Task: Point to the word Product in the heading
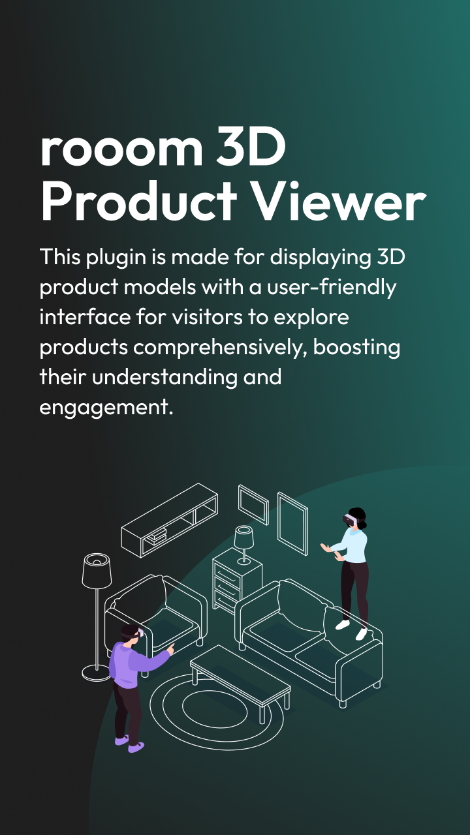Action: (138, 202)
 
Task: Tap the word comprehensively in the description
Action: (220, 347)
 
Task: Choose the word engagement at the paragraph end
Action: (106, 408)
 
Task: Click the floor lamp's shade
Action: (97, 569)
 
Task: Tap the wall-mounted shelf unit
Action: (169, 519)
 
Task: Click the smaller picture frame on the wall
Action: (253, 504)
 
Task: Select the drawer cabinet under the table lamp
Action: (237, 581)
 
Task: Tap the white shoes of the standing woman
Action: (351, 629)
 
